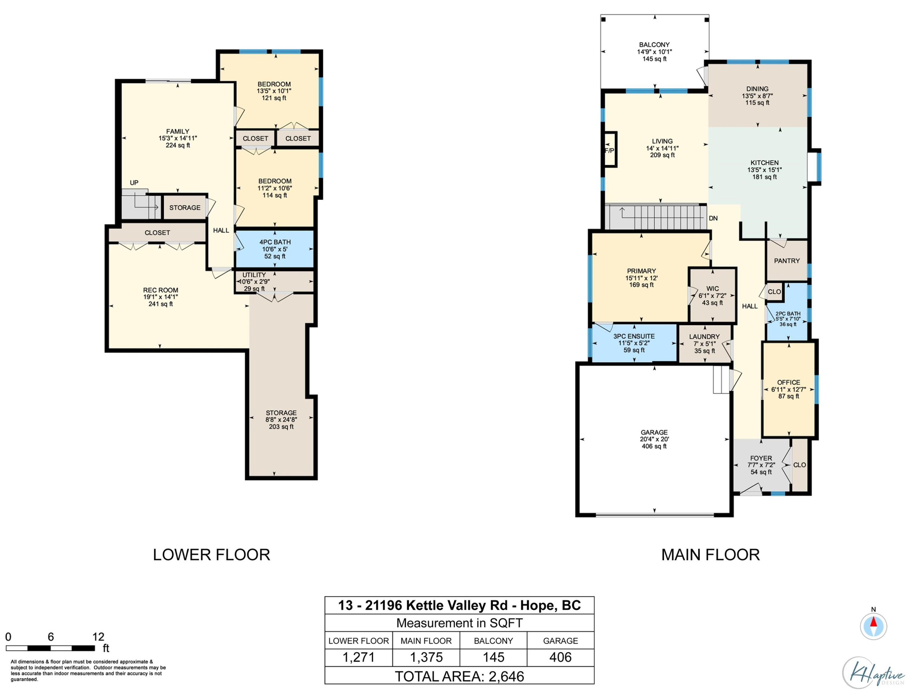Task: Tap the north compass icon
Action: coord(873,626)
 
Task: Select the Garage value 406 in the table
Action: coord(560,657)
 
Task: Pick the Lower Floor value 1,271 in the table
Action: coord(358,657)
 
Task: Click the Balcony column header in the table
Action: coord(493,641)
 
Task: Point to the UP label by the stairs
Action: coord(134,182)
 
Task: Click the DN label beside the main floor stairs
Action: coord(713,218)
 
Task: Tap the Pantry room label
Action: coord(786,261)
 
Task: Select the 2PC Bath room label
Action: coord(788,313)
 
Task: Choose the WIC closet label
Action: coord(712,289)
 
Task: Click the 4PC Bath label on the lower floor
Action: coord(275,242)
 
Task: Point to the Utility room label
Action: coord(254,275)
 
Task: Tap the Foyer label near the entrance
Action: coord(761,458)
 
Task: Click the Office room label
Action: coord(788,382)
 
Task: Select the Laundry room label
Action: coord(705,336)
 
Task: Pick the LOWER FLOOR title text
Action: coord(211,555)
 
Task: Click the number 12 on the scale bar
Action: coord(98,637)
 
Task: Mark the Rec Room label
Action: coord(161,290)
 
